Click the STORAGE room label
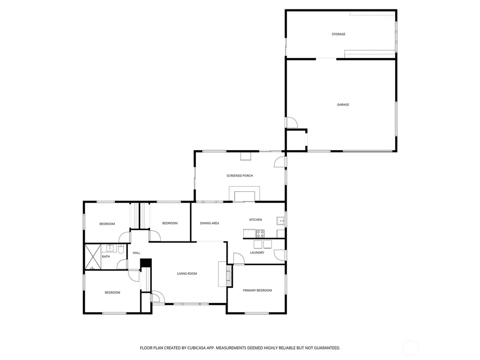(338, 34)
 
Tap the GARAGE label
(343, 105)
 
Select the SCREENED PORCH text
(240, 176)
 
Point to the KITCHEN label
(255, 220)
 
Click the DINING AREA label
(210, 223)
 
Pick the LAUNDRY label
(257, 253)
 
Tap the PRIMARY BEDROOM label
(257, 291)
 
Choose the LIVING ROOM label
(187, 274)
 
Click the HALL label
(136, 253)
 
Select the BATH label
(106, 256)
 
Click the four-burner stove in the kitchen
(260, 233)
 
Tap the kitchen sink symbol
(281, 221)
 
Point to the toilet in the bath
(121, 249)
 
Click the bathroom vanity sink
(109, 248)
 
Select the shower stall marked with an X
(93, 257)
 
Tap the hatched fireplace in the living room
(229, 276)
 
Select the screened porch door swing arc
(279, 162)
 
